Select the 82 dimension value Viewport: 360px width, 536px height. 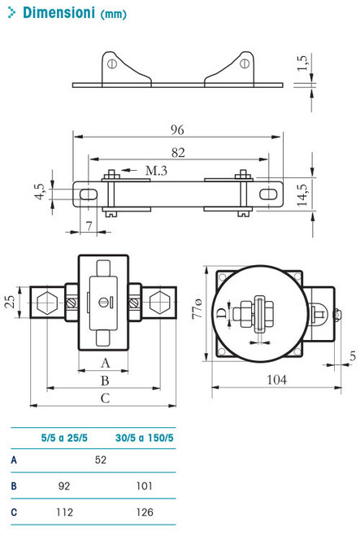[x=178, y=153]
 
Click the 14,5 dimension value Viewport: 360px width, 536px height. [x=303, y=196]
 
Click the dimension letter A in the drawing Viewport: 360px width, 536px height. [x=105, y=362]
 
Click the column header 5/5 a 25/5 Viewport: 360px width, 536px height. [x=66, y=438]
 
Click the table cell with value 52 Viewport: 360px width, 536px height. [x=101, y=460]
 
